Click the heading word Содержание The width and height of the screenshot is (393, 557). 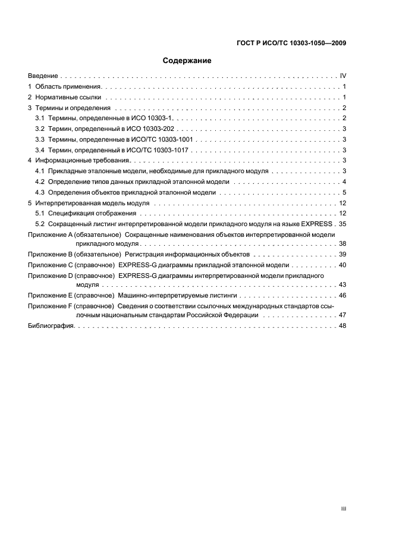pos(187,60)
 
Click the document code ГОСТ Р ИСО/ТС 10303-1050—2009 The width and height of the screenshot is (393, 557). pos(290,43)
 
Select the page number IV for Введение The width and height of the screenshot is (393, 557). pos(343,76)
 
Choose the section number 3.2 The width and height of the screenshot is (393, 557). pos(40,129)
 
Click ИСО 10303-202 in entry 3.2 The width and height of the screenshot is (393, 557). pos(153,129)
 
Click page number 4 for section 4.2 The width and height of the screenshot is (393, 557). pos(344,182)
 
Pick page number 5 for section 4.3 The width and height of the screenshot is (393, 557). pos(344,192)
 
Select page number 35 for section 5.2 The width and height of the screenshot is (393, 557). pos(342,224)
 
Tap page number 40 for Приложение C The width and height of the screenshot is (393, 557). pos(342,265)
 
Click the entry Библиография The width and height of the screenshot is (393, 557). pos(50,326)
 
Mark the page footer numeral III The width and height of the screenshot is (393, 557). pos(343,509)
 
